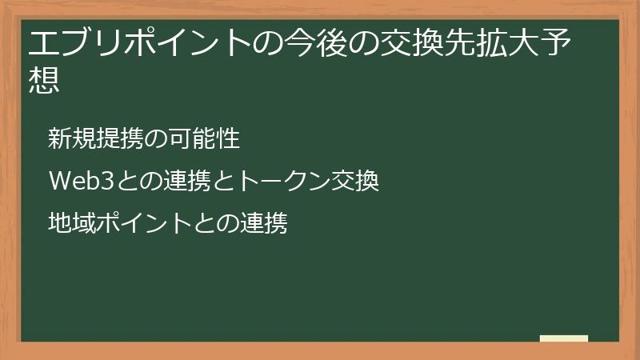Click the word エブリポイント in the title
(x=136, y=43)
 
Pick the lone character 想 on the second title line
(x=44, y=79)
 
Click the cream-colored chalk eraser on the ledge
(x=563, y=338)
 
